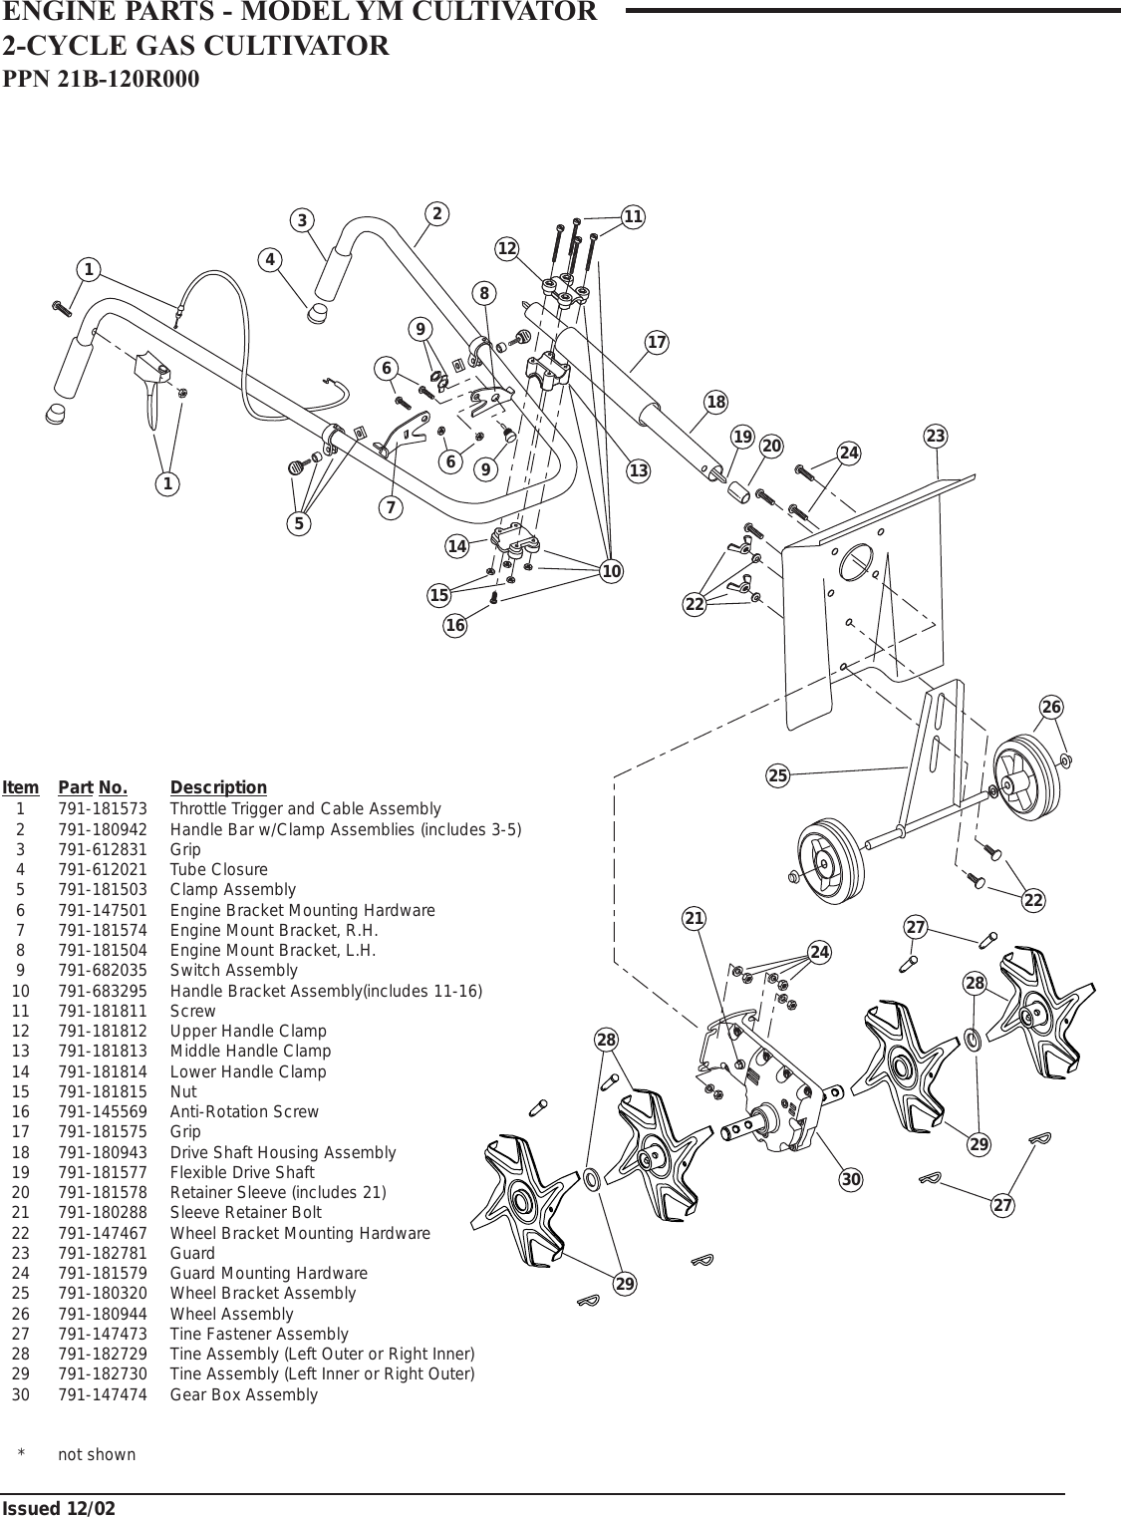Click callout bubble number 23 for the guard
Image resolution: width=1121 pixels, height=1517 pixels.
(x=935, y=437)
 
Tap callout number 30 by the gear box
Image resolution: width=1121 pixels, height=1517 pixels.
(x=850, y=1180)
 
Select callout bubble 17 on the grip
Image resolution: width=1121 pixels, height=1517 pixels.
(x=657, y=343)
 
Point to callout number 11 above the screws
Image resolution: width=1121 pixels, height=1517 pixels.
(x=634, y=216)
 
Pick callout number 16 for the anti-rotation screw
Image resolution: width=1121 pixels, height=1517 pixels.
(x=455, y=626)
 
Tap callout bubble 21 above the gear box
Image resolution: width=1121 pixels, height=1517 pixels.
(x=695, y=917)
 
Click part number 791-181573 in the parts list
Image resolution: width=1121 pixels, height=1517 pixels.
(x=103, y=808)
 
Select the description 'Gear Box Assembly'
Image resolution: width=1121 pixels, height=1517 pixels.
(x=244, y=1394)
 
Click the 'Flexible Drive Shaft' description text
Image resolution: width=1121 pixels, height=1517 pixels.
(x=242, y=1172)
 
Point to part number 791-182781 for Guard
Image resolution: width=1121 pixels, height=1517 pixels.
(x=103, y=1253)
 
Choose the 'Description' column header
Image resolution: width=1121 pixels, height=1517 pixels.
(x=218, y=787)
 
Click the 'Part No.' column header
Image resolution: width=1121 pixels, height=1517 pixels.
(x=99, y=787)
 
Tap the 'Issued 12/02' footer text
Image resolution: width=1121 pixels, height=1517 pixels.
(x=58, y=1508)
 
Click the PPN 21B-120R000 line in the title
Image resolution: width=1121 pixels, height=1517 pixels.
(x=102, y=79)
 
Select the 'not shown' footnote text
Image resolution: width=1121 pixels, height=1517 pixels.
(x=97, y=1454)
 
